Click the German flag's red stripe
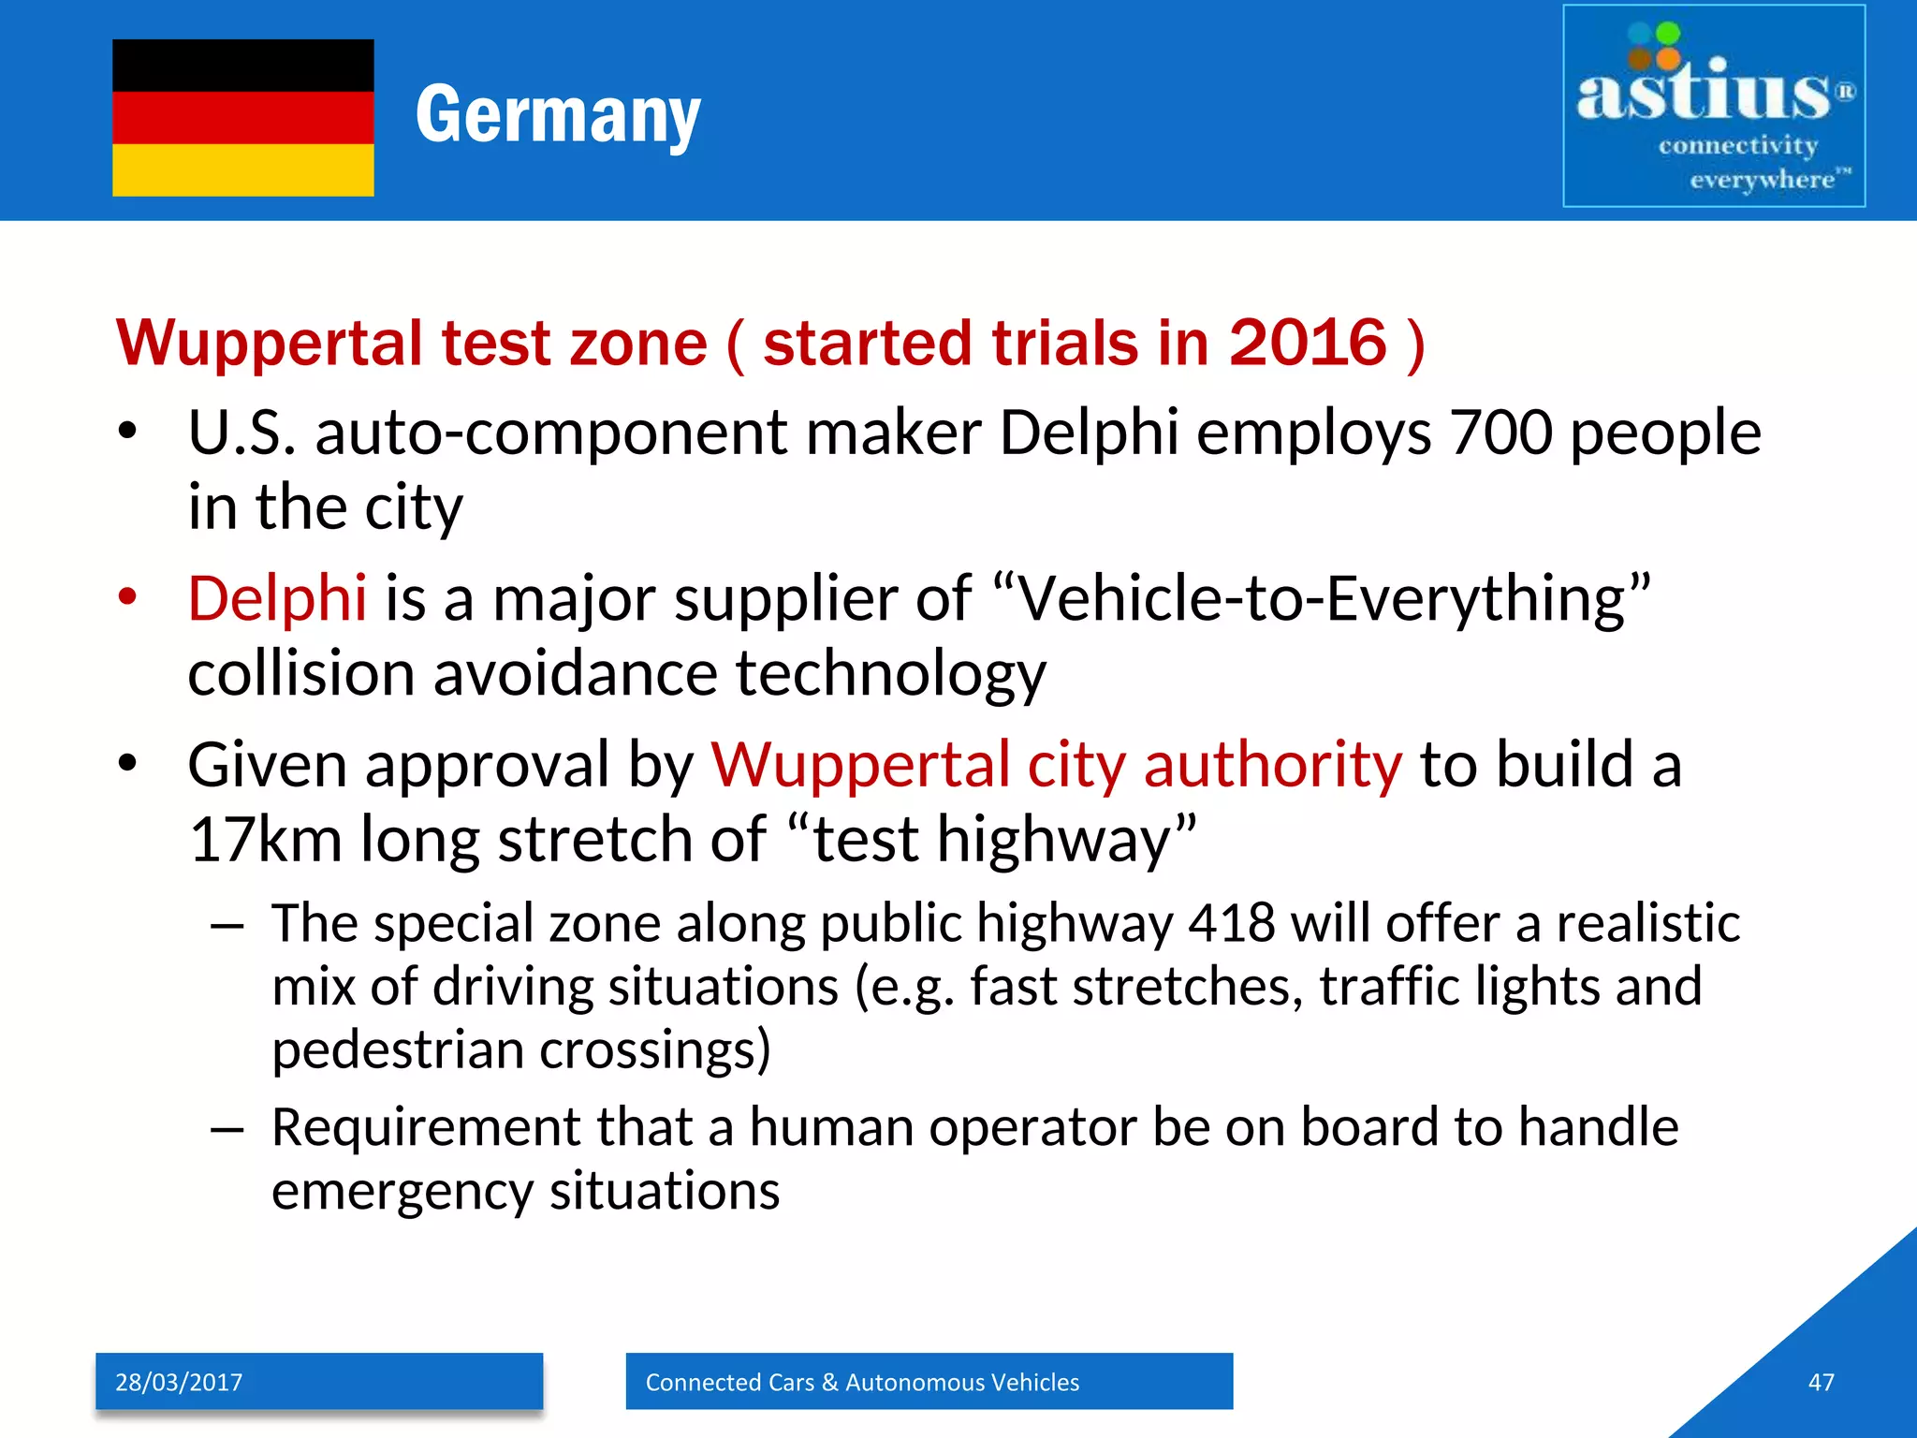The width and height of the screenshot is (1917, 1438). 242,117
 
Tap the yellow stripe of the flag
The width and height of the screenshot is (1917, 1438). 242,169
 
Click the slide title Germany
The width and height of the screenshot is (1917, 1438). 558,115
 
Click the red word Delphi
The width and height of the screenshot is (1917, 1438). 277,598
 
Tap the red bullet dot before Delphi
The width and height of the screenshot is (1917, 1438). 128,596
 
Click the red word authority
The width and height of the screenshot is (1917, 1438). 1273,765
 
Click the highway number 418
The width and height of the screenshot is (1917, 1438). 1231,924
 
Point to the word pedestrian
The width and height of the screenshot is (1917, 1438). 398,1050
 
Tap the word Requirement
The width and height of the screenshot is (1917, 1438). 426,1127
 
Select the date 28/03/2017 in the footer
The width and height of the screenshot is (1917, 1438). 179,1382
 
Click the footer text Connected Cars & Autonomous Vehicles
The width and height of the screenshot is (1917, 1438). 862,1382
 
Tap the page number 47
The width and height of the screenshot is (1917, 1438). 1821,1382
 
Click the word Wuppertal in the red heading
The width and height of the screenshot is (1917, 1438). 270,343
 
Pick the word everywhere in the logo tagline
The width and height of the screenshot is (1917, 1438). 1762,179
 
